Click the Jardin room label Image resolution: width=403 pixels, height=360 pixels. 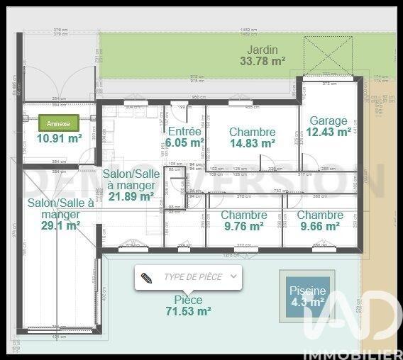[263, 50]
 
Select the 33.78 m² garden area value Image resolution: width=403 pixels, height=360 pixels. [263, 62]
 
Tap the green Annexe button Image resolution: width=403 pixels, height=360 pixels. [59, 123]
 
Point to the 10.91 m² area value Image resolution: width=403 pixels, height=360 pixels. [60, 139]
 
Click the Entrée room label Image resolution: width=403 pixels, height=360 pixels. [184, 131]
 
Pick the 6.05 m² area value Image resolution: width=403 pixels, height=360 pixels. [184, 142]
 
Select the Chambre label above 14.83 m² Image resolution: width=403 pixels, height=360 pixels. [252, 132]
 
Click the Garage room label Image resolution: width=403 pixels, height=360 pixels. [329, 120]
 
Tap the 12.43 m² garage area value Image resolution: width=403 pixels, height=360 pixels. [329, 132]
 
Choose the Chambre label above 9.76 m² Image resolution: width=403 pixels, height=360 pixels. [244, 215]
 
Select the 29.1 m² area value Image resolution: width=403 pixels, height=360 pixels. [60, 225]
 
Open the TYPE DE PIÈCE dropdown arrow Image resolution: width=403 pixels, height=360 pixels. [233, 276]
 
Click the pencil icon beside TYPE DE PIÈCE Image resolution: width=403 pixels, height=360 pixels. [147, 277]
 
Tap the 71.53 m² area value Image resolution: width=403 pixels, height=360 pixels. [188, 311]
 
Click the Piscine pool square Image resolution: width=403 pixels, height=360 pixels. [307, 296]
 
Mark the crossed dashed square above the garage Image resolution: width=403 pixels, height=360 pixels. [328, 55]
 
